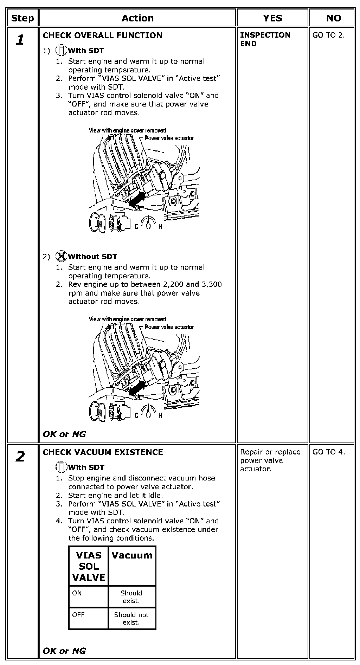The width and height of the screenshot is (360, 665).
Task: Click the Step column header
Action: pyautogui.click(x=22, y=18)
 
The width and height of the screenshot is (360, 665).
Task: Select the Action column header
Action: pyautogui.click(x=137, y=18)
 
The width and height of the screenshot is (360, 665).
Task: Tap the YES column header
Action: pyautogui.click(x=272, y=18)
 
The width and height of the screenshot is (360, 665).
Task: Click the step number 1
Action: pyautogui.click(x=20, y=40)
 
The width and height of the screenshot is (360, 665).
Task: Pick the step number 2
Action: pyautogui.click(x=20, y=457)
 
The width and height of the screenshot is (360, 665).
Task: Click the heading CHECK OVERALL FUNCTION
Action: pyautogui.click(x=102, y=35)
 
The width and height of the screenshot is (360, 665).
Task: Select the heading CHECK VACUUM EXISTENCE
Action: pyautogui.click(x=103, y=452)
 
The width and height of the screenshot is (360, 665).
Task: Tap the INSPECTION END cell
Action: pyautogui.click(x=265, y=39)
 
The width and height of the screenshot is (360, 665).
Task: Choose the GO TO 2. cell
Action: pyautogui.click(x=328, y=35)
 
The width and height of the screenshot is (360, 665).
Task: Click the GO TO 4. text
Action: pyautogui.click(x=328, y=452)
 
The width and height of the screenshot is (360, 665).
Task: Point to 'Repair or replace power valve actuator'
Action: pyautogui.click(x=270, y=460)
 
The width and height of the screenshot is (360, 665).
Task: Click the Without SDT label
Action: pyautogui.click(x=92, y=257)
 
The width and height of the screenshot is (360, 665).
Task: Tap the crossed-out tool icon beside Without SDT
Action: pyautogui.click(x=61, y=256)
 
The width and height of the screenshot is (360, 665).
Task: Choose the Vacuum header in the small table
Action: pyautogui.click(x=132, y=556)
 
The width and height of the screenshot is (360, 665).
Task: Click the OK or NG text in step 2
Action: pyautogui.click(x=64, y=651)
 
